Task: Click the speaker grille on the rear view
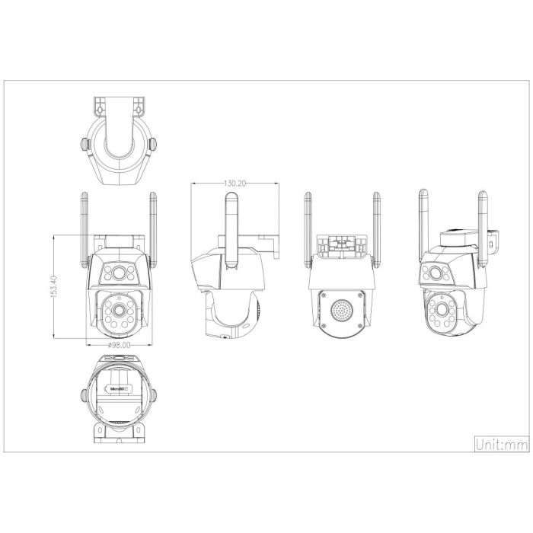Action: tap(342, 309)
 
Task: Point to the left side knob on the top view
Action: tap(83, 142)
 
